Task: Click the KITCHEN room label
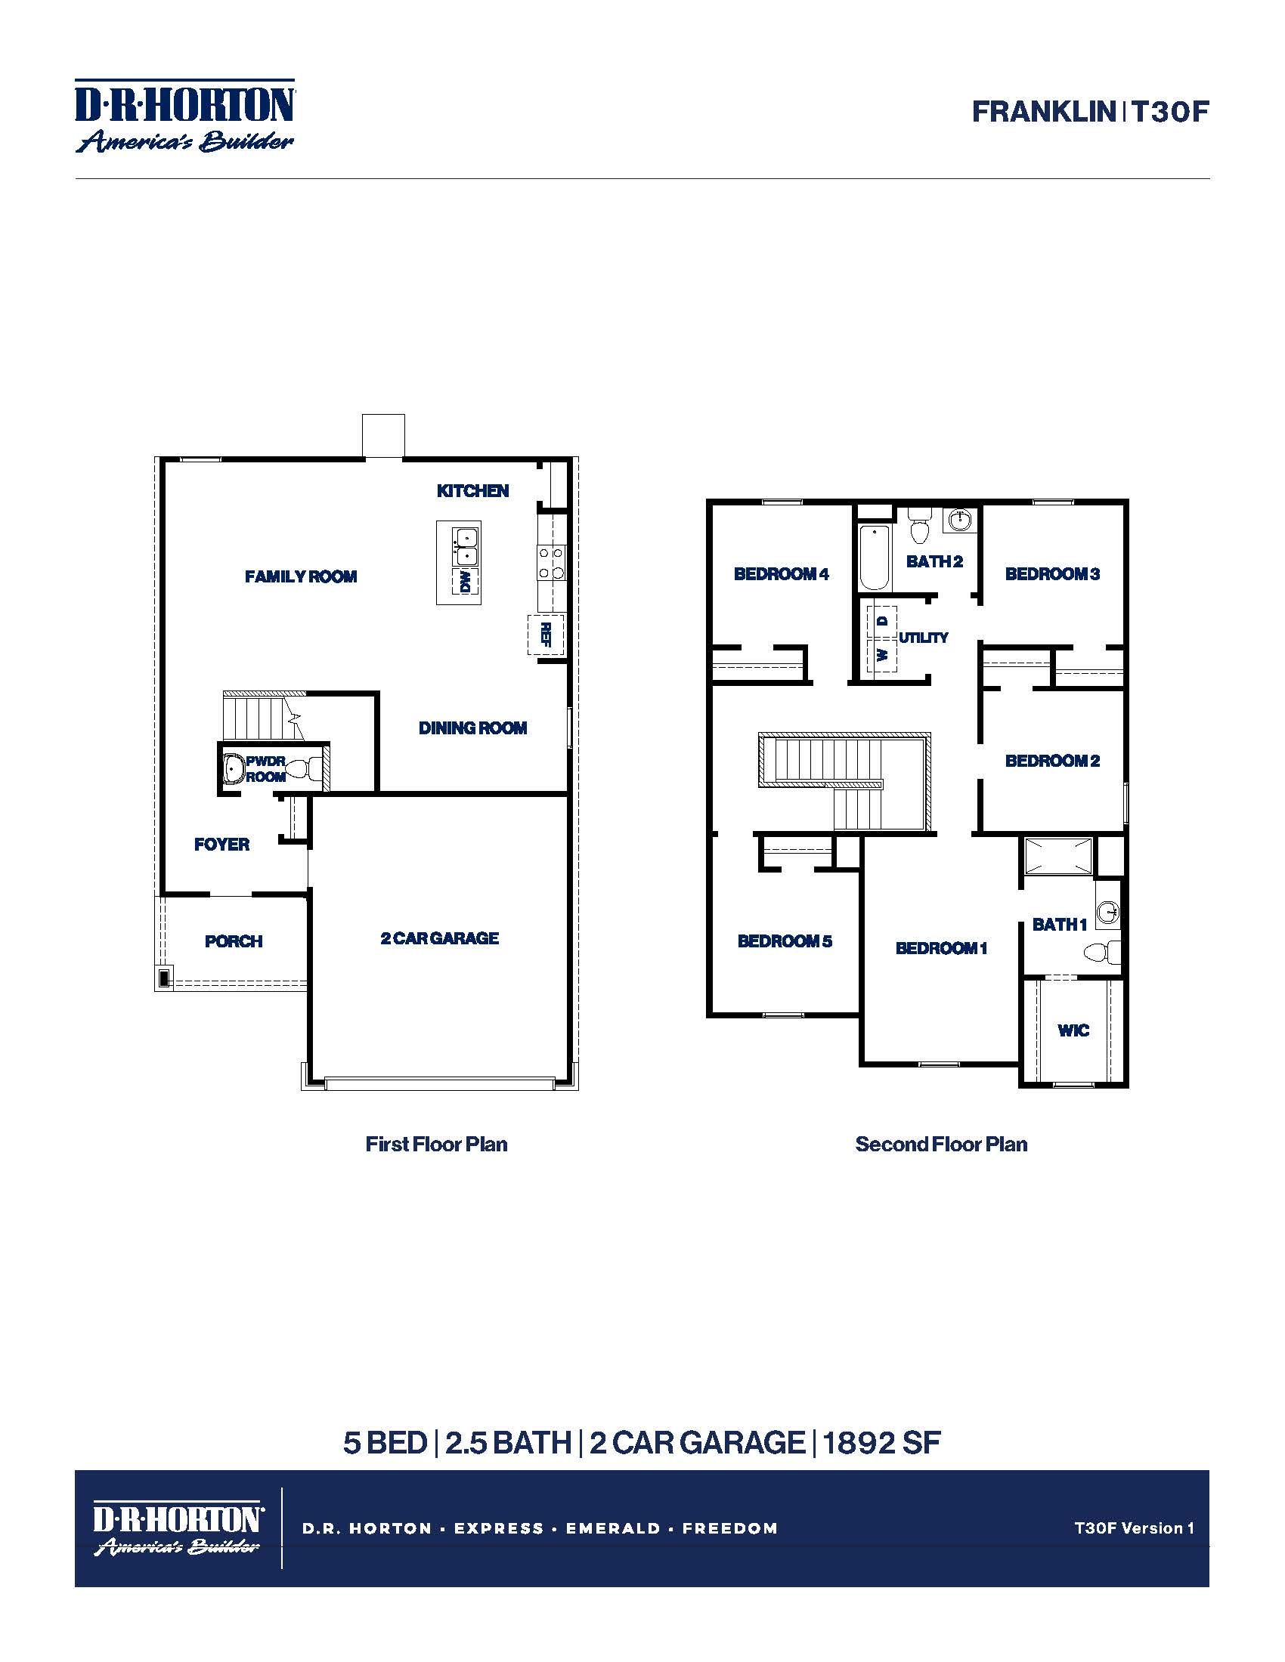472,491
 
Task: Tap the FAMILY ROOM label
301,576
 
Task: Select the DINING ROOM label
472,728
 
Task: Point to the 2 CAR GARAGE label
440,938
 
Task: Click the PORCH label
234,941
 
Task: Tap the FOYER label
221,844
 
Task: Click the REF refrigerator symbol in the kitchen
546,634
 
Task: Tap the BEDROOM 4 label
781,574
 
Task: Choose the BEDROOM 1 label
941,948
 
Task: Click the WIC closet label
1073,1030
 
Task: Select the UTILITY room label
924,638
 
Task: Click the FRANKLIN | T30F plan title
1090,112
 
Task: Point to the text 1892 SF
881,1443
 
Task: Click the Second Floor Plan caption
941,1144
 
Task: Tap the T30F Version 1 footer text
1134,1528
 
